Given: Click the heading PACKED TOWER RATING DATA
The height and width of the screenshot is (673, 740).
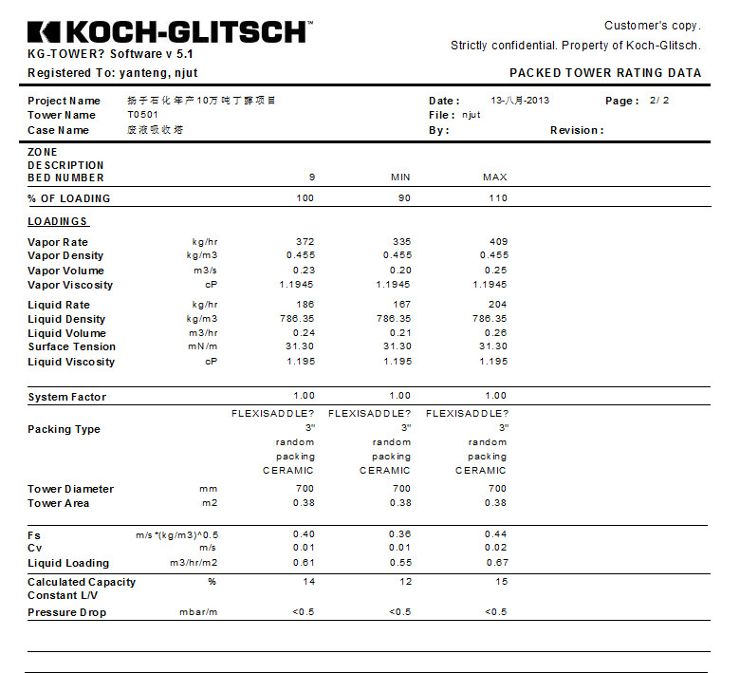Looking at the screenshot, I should click(x=605, y=73).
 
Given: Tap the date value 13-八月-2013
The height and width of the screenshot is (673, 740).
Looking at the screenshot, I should click(x=520, y=101).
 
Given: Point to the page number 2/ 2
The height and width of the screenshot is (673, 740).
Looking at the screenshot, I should click(x=659, y=101).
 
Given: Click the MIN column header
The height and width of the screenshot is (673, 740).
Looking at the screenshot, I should click(x=400, y=178).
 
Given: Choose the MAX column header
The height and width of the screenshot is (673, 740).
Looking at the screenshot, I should click(x=494, y=178).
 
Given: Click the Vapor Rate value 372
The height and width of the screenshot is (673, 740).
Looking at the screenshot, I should click(x=305, y=242).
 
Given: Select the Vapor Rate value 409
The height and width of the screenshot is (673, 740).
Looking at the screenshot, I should click(x=498, y=242).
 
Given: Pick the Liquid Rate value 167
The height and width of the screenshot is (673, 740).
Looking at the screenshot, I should click(x=400, y=305).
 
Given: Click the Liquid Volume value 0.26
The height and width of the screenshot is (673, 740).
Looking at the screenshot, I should click(x=495, y=333).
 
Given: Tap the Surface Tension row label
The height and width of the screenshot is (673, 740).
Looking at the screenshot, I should click(x=71, y=347).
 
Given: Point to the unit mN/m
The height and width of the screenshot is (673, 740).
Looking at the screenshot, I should click(x=204, y=347).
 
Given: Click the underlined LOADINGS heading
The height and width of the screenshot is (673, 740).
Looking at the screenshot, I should click(x=58, y=222).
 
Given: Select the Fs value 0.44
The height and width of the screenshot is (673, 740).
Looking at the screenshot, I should click(x=495, y=534).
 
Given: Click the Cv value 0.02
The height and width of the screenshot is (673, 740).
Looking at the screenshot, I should click(x=495, y=549).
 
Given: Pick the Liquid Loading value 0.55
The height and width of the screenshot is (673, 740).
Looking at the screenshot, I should click(x=399, y=563).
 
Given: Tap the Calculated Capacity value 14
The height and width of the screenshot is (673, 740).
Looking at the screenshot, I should click(x=308, y=582).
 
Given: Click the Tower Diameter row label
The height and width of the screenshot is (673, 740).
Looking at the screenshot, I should click(x=70, y=489).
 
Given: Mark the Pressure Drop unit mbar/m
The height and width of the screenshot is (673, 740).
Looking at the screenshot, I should click(x=198, y=612).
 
